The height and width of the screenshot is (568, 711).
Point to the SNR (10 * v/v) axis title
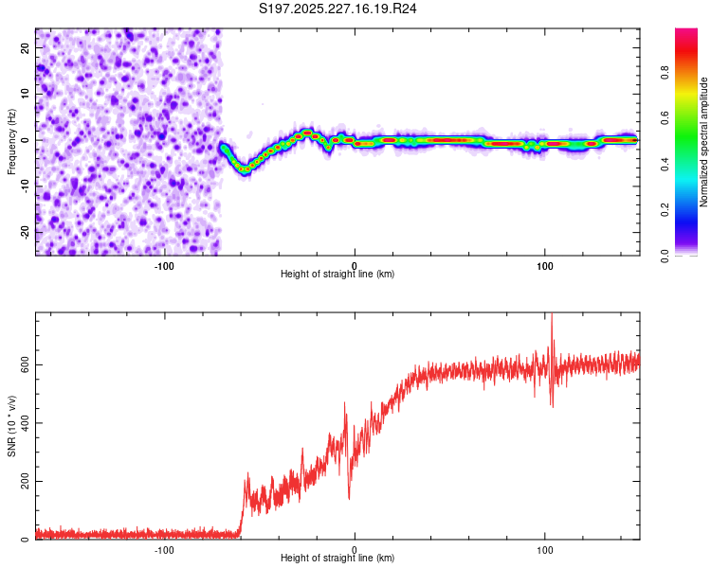(11, 426)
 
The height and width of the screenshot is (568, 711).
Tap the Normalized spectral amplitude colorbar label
(704, 142)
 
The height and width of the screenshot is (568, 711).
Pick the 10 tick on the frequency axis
(26, 94)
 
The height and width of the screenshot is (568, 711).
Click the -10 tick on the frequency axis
(24, 186)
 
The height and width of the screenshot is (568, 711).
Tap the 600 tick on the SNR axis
(22, 364)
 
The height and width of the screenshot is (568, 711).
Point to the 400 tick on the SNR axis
(22, 423)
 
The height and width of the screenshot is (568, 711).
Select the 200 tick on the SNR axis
(22, 482)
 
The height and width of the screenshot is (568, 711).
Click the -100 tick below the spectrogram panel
(164, 264)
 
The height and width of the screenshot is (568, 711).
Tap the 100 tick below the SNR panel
(545, 549)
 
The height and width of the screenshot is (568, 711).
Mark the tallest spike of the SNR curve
(552, 316)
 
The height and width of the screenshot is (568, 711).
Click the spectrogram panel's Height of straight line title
(337, 274)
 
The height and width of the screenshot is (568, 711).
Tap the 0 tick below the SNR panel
(355, 549)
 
